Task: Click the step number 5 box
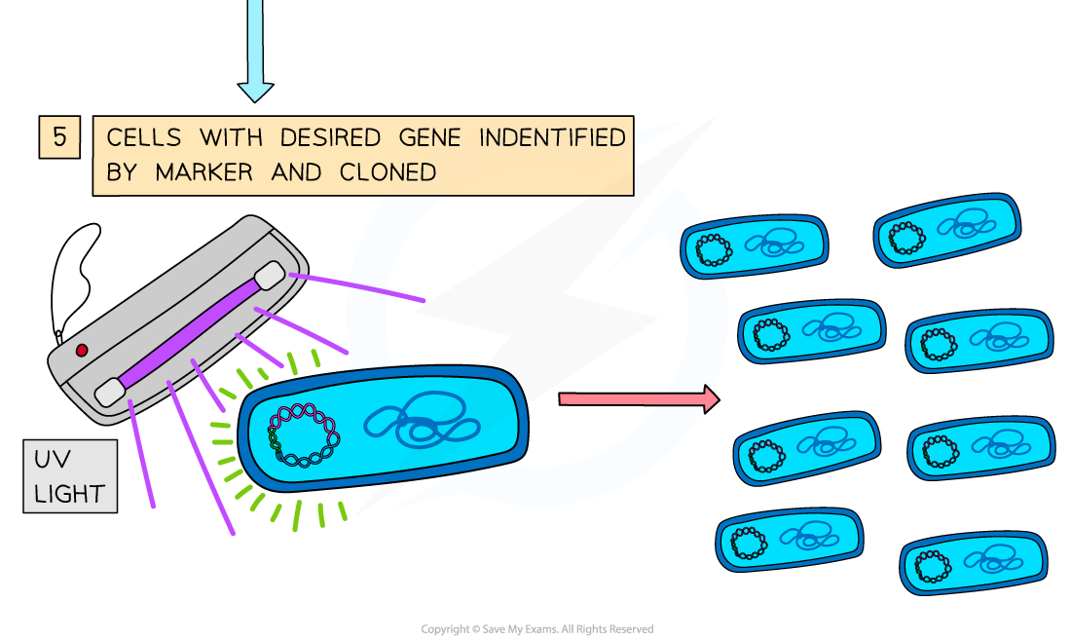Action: [x=59, y=137]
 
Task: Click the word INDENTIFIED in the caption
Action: [x=552, y=138]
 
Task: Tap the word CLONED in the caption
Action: [x=388, y=172]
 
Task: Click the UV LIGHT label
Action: [x=69, y=476]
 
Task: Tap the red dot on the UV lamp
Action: [x=82, y=350]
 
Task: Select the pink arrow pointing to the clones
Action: [x=638, y=398]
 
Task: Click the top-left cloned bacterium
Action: [x=754, y=247]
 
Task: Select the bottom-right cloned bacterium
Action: [x=973, y=564]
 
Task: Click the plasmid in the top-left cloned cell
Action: [x=715, y=249]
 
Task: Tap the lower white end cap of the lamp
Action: [x=109, y=393]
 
